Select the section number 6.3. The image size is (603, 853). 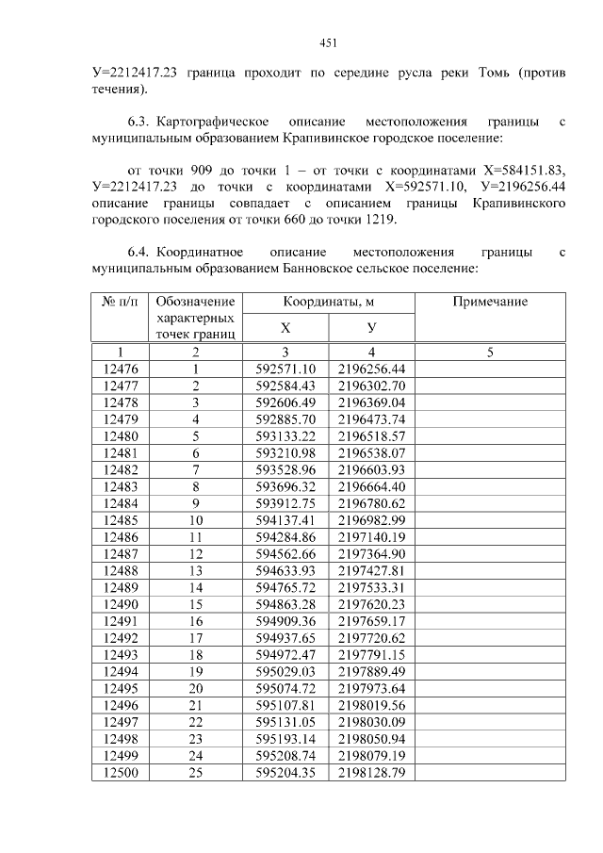tap(139, 123)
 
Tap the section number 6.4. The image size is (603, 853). tap(139, 252)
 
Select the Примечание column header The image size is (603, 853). tap(490, 302)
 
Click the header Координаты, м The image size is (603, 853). tap(328, 302)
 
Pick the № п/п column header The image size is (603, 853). tap(119, 302)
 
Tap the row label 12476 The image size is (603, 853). tap(119, 369)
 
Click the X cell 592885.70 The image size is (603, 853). tap(285, 418)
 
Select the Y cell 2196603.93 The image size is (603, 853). tap(371, 468)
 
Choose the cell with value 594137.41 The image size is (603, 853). tap(285, 519)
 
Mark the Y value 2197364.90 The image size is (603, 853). tap(371, 552)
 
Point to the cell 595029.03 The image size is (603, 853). tap(285, 670)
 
